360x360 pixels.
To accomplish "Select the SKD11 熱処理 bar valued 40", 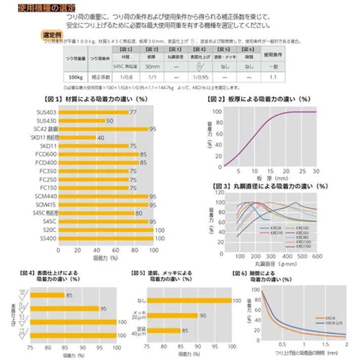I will [77, 137].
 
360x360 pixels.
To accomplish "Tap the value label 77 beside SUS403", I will [133, 112].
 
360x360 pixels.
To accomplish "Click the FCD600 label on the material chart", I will [46, 154].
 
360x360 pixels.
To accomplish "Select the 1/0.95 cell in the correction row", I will [200, 78].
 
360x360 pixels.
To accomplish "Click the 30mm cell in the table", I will [152, 66].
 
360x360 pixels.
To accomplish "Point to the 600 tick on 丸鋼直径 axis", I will [317, 256].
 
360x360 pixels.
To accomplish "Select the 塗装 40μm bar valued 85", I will [163, 331].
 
